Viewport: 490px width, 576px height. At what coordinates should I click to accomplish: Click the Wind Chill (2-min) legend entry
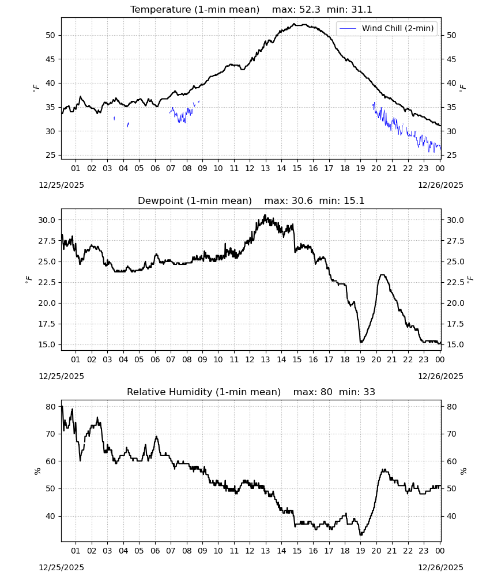pos(387,28)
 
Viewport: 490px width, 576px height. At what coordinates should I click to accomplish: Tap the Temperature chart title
pos(251,9)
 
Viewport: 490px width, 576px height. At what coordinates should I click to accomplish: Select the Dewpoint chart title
pos(251,200)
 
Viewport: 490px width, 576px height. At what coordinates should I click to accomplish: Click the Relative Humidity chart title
pos(251,392)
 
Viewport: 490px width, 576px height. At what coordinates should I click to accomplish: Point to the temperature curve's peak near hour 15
pos(294,24)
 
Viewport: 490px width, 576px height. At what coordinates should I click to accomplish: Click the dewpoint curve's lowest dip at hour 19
pos(361,342)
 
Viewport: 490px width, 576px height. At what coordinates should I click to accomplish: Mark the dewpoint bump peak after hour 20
pos(382,275)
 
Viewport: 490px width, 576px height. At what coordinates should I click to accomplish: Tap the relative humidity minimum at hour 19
pos(361,535)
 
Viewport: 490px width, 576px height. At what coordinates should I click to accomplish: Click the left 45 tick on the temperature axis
pos(50,59)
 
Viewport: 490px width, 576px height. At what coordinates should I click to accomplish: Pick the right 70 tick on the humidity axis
pos(451,434)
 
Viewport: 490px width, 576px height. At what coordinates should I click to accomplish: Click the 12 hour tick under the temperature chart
pos(250,168)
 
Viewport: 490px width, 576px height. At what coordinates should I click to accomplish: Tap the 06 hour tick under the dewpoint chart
pos(155,359)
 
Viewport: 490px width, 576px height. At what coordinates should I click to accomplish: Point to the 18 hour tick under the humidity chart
pos(345,551)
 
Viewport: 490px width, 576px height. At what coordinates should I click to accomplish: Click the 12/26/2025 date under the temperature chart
pos(440,185)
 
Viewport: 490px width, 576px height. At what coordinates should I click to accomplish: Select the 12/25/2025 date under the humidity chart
pos(61,567)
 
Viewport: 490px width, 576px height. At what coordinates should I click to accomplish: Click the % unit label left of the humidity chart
pos(37,471)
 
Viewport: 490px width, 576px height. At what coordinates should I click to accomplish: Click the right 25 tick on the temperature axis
pos(451,156)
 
